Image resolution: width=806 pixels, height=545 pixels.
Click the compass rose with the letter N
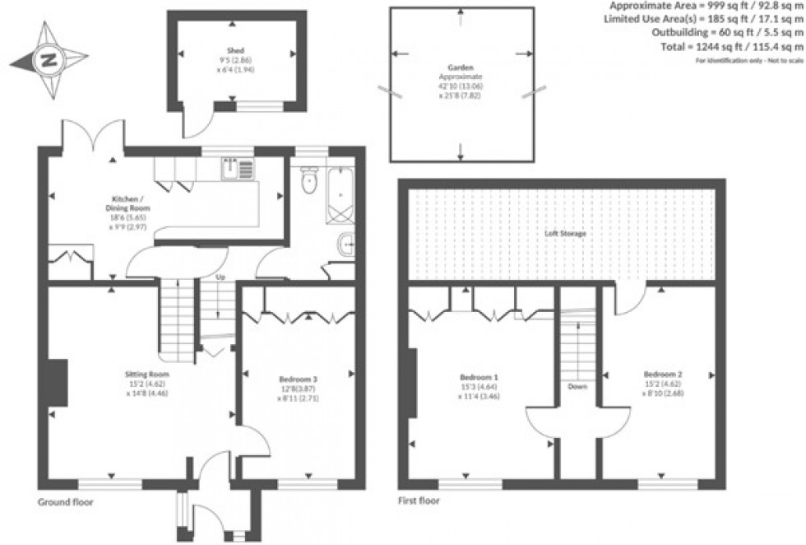coord(49,59)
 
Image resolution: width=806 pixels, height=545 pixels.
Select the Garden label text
coord(460,68)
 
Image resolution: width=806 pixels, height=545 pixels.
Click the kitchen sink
coord(239,169)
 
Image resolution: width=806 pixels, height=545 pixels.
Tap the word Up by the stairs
coord(220,277)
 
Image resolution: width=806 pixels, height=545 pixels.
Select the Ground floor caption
coord(66,501)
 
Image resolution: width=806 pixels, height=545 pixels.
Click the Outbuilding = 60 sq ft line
coord(725,33)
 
